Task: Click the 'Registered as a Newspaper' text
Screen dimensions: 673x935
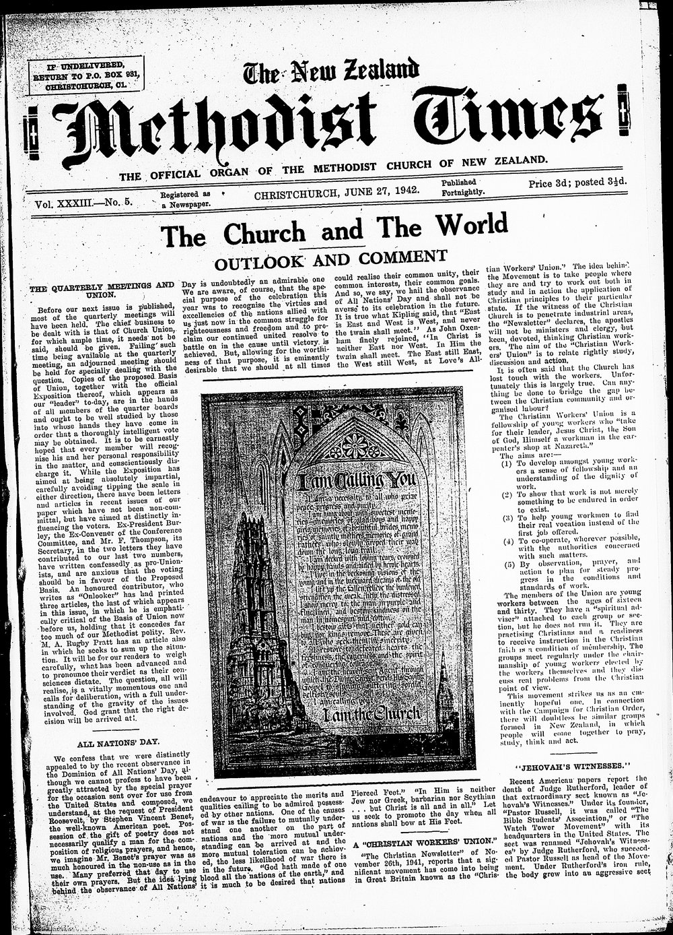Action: coord(185,198)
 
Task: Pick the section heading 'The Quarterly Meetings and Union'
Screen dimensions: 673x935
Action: coord(101,290)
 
